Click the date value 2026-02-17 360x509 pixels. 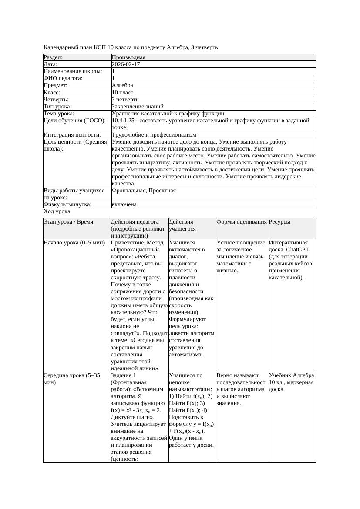[126, 64]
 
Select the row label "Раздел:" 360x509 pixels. [53, 57]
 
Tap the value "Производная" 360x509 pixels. [128, 57]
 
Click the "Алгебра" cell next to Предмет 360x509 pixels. [122, 85]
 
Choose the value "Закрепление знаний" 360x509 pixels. [138, 106]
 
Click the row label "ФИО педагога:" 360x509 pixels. [63, 78]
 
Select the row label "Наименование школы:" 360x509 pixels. [73, 71]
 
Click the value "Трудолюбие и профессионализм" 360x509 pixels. [154, 135]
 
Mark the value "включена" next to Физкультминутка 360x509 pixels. [124, 204]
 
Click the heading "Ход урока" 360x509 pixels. [57, 211]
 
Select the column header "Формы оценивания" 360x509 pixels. [242, 222]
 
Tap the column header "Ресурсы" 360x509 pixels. [279, 222]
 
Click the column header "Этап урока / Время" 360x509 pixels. [68, 222]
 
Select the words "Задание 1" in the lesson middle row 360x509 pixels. [124, 375]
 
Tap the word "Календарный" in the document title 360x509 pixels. [59, 47]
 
